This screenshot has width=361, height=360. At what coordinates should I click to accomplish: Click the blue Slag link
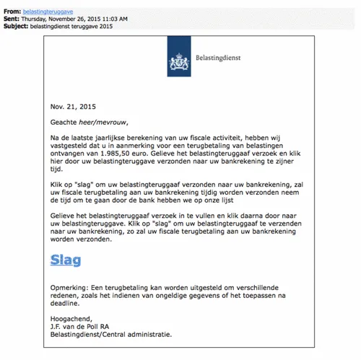(x=65, y=260)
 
